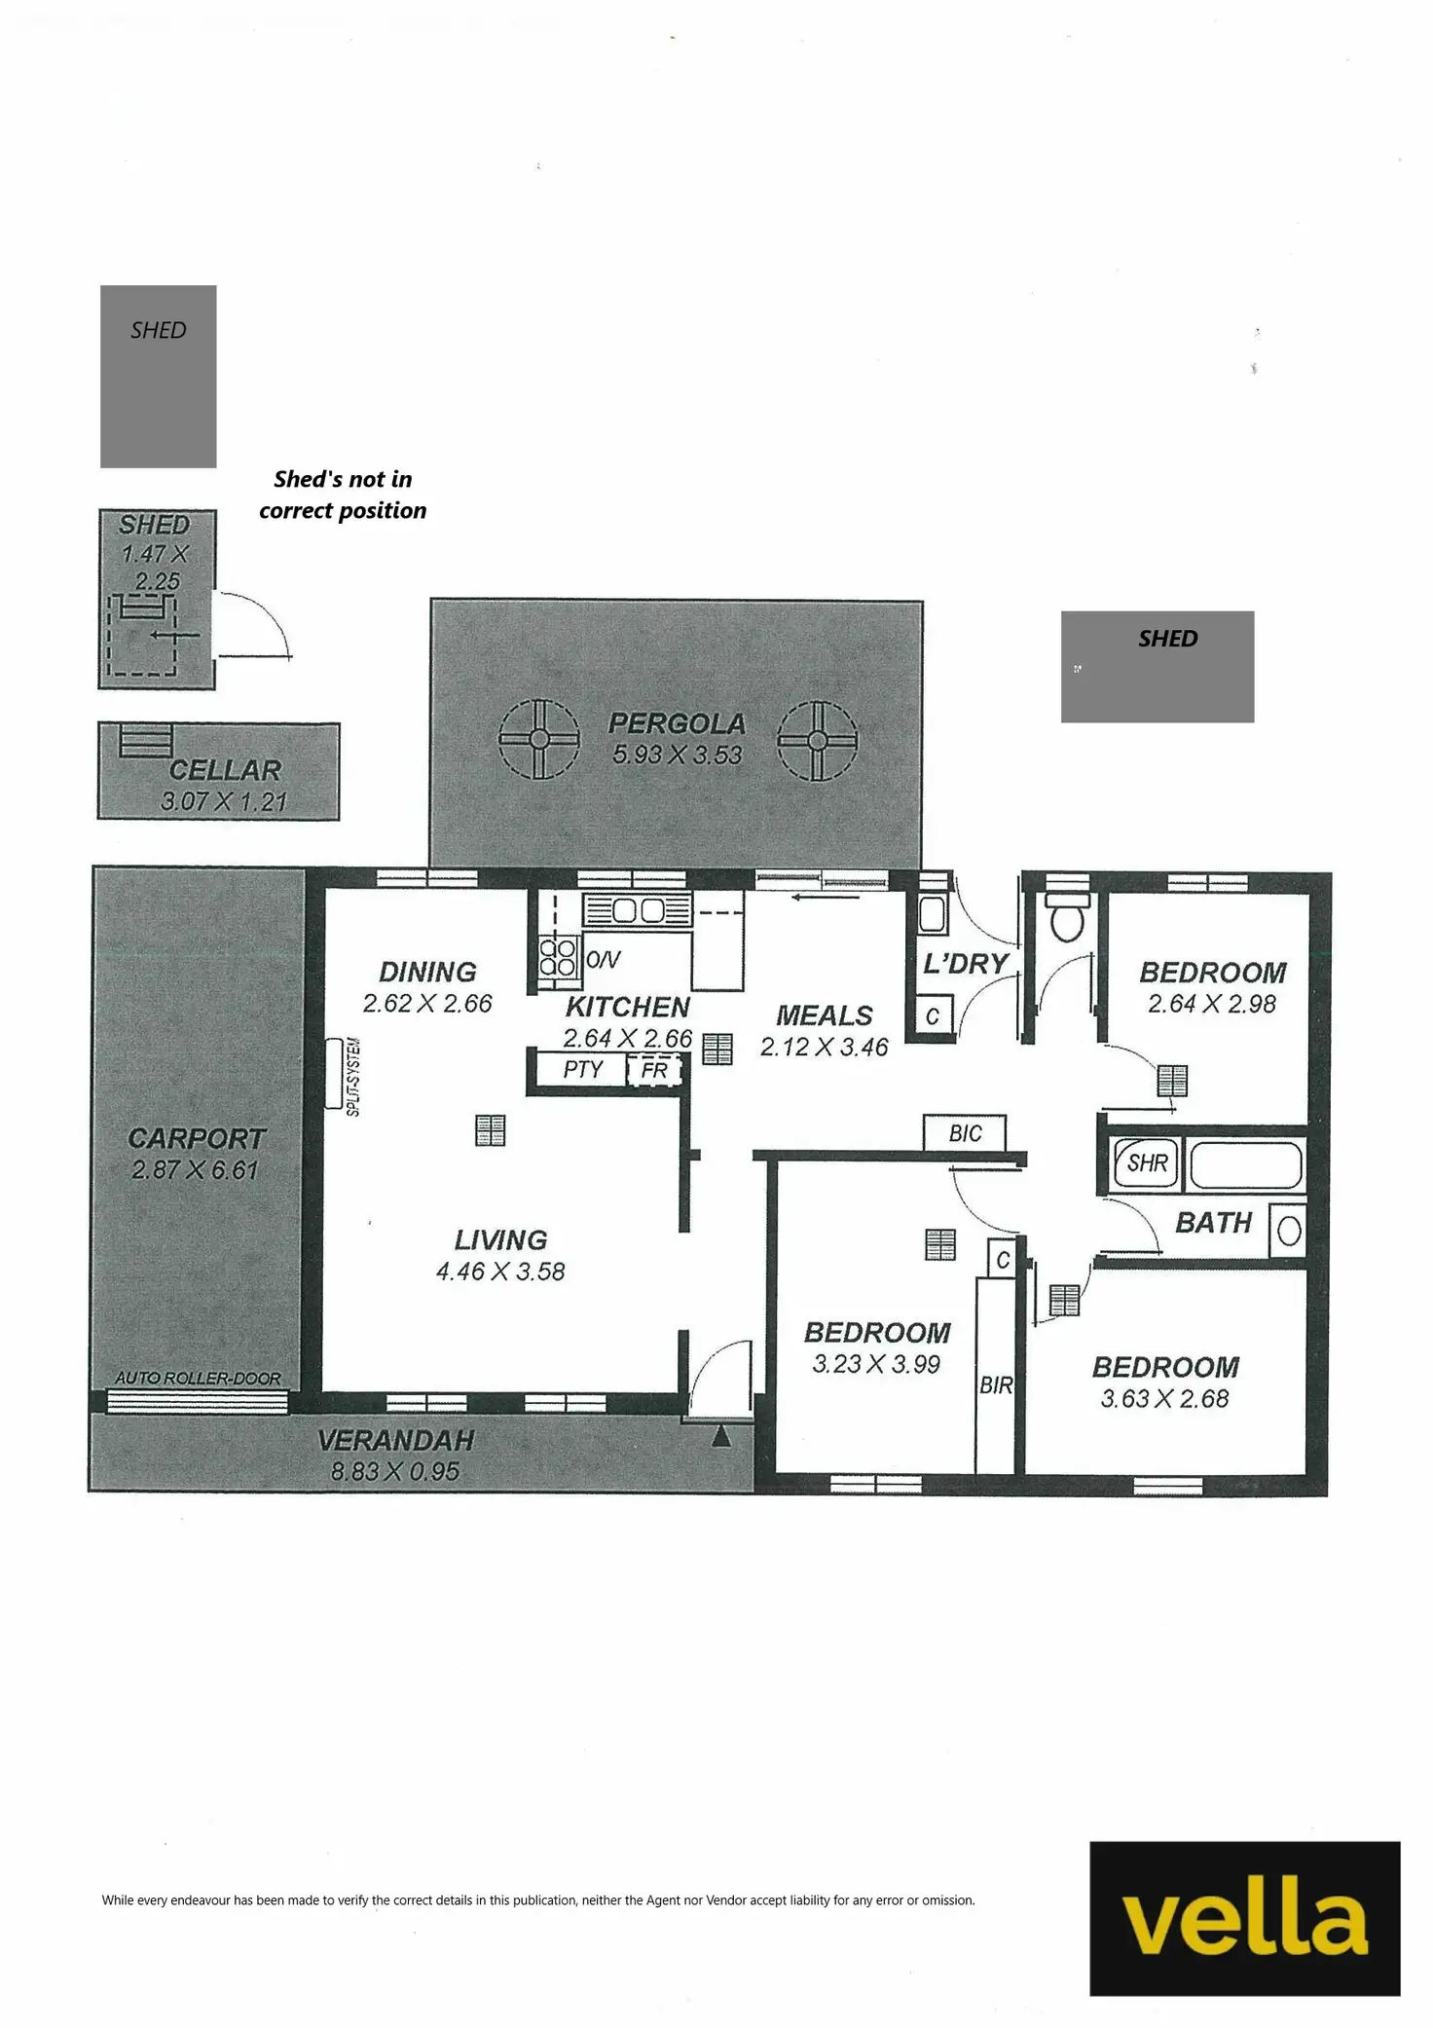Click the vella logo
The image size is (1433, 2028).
pos(1244,1918)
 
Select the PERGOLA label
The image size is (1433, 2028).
pos(677,723)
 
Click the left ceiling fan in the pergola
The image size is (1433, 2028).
pos(539,740)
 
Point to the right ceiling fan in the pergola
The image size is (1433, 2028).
pos(818,741)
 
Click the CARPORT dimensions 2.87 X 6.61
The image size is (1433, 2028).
pos(195,1169)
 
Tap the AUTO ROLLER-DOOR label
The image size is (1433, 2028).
pos(198,1378)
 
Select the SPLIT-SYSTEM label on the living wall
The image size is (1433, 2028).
pos(353,1077)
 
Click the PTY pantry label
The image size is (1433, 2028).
pos(583,1069)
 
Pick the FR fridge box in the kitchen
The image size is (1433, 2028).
pos(654,1071)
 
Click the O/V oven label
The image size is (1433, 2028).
pos(603,960)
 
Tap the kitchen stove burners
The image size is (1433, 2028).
pos(558,956)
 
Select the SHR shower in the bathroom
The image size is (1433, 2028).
pos(1146,1162)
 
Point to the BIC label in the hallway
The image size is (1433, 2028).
pos(965,1133)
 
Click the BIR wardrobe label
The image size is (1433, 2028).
pos(996,1384)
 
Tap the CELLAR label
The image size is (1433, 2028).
pos(225,770)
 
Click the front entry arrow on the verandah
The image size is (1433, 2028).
pos(720,1436)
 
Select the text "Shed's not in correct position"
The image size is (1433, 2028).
pos(343,495)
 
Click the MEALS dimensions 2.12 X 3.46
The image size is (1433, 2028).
pos(824,1047)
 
